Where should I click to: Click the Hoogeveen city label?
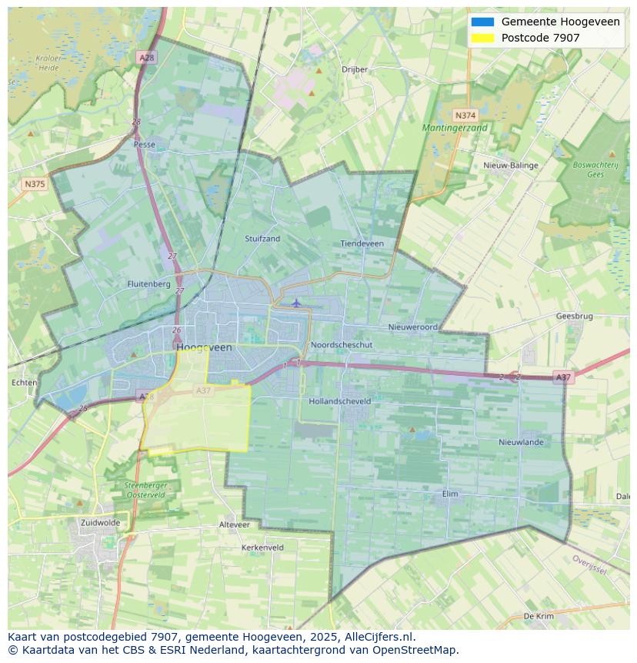pos(204,347)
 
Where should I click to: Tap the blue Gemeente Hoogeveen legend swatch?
pos(482,22)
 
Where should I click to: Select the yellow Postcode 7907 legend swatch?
pos(482,38)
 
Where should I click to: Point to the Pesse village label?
pos(144,144)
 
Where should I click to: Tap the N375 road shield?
pos(35,184)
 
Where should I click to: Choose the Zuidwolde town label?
pos(100,522)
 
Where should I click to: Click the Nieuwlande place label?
pos(521,442)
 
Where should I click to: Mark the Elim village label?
pos(451,494)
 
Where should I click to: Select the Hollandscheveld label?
pos(339,401)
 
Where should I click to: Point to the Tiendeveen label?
pos(362,243)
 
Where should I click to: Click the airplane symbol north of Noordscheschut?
pos(296,303)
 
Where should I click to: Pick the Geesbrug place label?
pos(574,316)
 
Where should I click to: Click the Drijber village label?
pos(355,69)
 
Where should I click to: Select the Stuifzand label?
pos(262,239)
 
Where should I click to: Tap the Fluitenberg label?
pos(148,283)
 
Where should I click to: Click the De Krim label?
pos(539,616)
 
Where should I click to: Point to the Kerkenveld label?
pos(262,547)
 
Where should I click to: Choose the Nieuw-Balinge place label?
pos(511,166)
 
